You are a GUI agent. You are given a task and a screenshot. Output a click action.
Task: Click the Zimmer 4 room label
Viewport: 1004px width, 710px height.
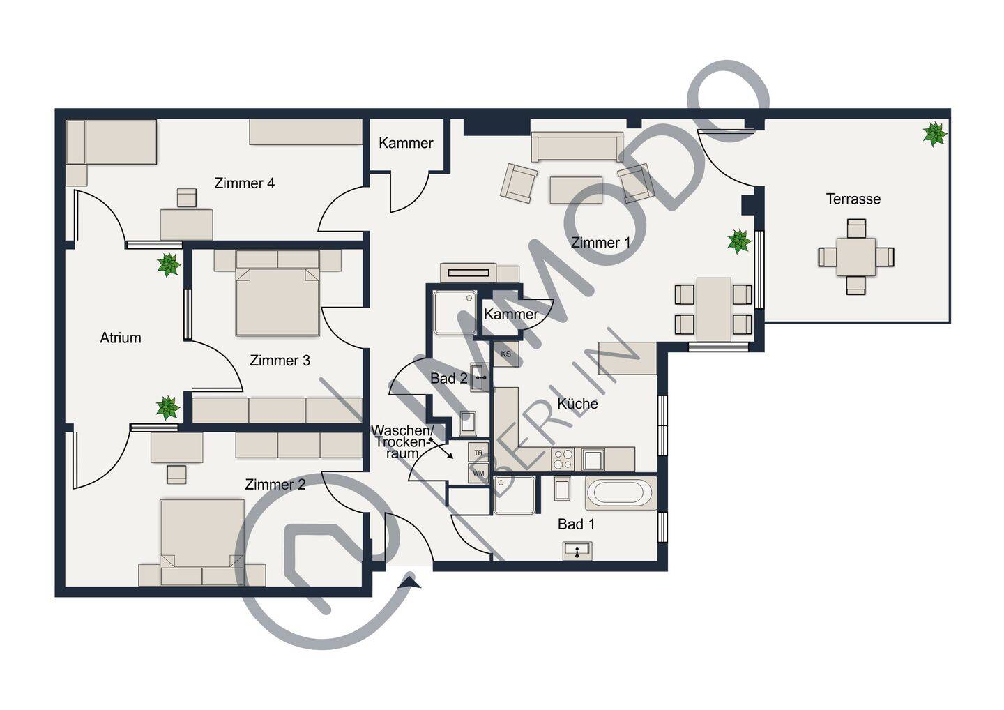coord(244,183)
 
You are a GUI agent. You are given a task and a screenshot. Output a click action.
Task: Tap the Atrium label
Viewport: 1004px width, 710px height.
coord(121,338)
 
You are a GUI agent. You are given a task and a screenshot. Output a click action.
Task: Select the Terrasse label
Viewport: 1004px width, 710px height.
coord(853,199)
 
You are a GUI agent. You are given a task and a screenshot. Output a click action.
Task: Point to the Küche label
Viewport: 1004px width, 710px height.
coord(578,403)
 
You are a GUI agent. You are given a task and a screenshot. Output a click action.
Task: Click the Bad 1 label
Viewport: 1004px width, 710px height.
coord(577,524)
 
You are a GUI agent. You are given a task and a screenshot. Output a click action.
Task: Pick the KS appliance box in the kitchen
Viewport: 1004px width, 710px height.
coord(506,354)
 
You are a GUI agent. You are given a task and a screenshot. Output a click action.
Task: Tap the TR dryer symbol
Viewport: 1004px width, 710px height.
coord(478,453)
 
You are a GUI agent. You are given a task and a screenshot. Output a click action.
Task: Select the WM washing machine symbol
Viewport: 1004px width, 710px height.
coord(478,473)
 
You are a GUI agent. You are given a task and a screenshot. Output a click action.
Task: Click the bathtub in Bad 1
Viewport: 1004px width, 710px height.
coord(621,493)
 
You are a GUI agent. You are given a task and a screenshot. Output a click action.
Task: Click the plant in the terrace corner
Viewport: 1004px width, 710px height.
coord(934,134)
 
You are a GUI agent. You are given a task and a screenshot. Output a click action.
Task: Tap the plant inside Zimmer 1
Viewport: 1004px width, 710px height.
coord(738,241)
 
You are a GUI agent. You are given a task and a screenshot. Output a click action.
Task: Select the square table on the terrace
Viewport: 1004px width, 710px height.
coord(856,257)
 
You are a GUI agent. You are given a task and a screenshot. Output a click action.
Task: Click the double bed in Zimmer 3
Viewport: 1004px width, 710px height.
coord(277,293)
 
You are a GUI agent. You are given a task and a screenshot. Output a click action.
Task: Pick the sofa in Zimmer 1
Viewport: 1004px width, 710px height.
coord(577,146)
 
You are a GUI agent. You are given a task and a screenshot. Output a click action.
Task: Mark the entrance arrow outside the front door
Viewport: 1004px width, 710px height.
coord(411,582)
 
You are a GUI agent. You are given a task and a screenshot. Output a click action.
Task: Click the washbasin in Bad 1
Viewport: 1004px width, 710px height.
coord(577,551)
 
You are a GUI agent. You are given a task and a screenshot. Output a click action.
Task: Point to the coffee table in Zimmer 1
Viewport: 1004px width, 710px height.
coord(576,190)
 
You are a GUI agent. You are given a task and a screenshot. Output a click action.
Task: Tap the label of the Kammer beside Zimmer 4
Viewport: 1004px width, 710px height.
coord(406,143)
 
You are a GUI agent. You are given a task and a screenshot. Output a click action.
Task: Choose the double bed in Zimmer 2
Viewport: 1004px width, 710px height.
coord(202,543)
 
